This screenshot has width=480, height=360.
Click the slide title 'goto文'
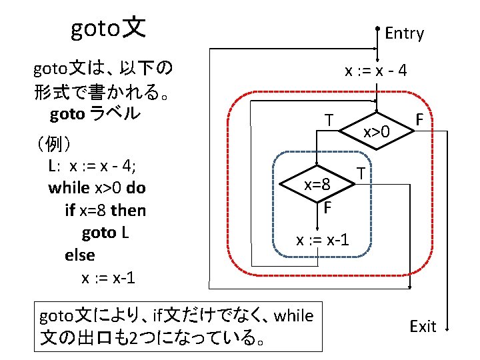(x=108, y=28)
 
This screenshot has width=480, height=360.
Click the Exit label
(x=423, y=326)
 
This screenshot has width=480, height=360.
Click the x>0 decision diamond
(x=377, y=131)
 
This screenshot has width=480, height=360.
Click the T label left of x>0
(x=329, y=120)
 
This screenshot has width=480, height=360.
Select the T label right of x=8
(x=360, y=173)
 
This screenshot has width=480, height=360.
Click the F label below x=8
(x=327, y=207)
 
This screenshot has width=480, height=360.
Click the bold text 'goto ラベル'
(x=95, y=113)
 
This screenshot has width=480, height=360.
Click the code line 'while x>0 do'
(x=97, y=188)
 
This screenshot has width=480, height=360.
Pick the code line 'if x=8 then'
(x=105, y=211)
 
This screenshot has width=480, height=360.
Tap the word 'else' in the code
(x=80, y=255)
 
